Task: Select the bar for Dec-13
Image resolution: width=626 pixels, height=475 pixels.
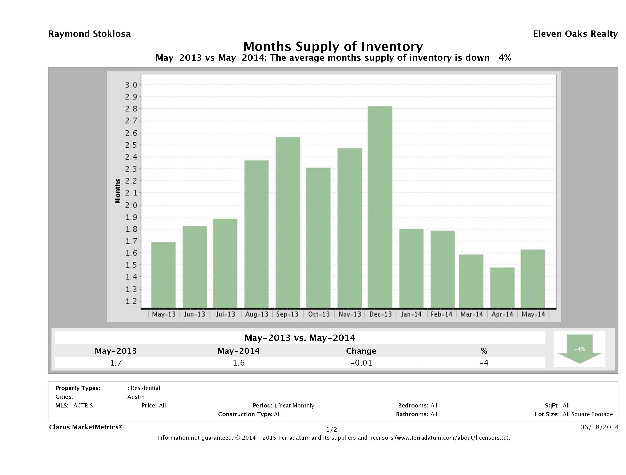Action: click(x=380, y=207)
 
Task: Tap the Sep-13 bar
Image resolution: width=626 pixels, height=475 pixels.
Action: click(x=288, y=222)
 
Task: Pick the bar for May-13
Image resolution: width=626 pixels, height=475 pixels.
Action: click(x=163, y=275)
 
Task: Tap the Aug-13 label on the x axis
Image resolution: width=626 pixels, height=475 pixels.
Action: click(x=257, y=314)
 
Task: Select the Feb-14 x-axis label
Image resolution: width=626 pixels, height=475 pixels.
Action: click(x=442, y=314)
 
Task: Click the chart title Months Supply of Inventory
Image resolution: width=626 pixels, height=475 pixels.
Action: click(x=333, y=46)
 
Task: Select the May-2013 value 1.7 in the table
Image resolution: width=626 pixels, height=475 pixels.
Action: click(x=116, y=363)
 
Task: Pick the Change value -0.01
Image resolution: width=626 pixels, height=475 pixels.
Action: click(x=361, y=363)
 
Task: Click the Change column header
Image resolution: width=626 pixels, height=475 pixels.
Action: click(x=361, y=351)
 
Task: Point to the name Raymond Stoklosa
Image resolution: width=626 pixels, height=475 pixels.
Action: click(x=89, y=34)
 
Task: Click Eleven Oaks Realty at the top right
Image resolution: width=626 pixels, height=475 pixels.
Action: click(x=575, y=34)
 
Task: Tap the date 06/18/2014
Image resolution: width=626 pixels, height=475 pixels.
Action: click(x=599, y=427)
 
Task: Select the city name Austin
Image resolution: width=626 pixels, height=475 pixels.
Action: click(x=136, y=397)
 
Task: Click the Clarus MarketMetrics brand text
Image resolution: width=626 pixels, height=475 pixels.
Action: click(x=86, y=427)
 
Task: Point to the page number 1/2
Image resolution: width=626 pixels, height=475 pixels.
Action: click(x=331, y=429)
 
